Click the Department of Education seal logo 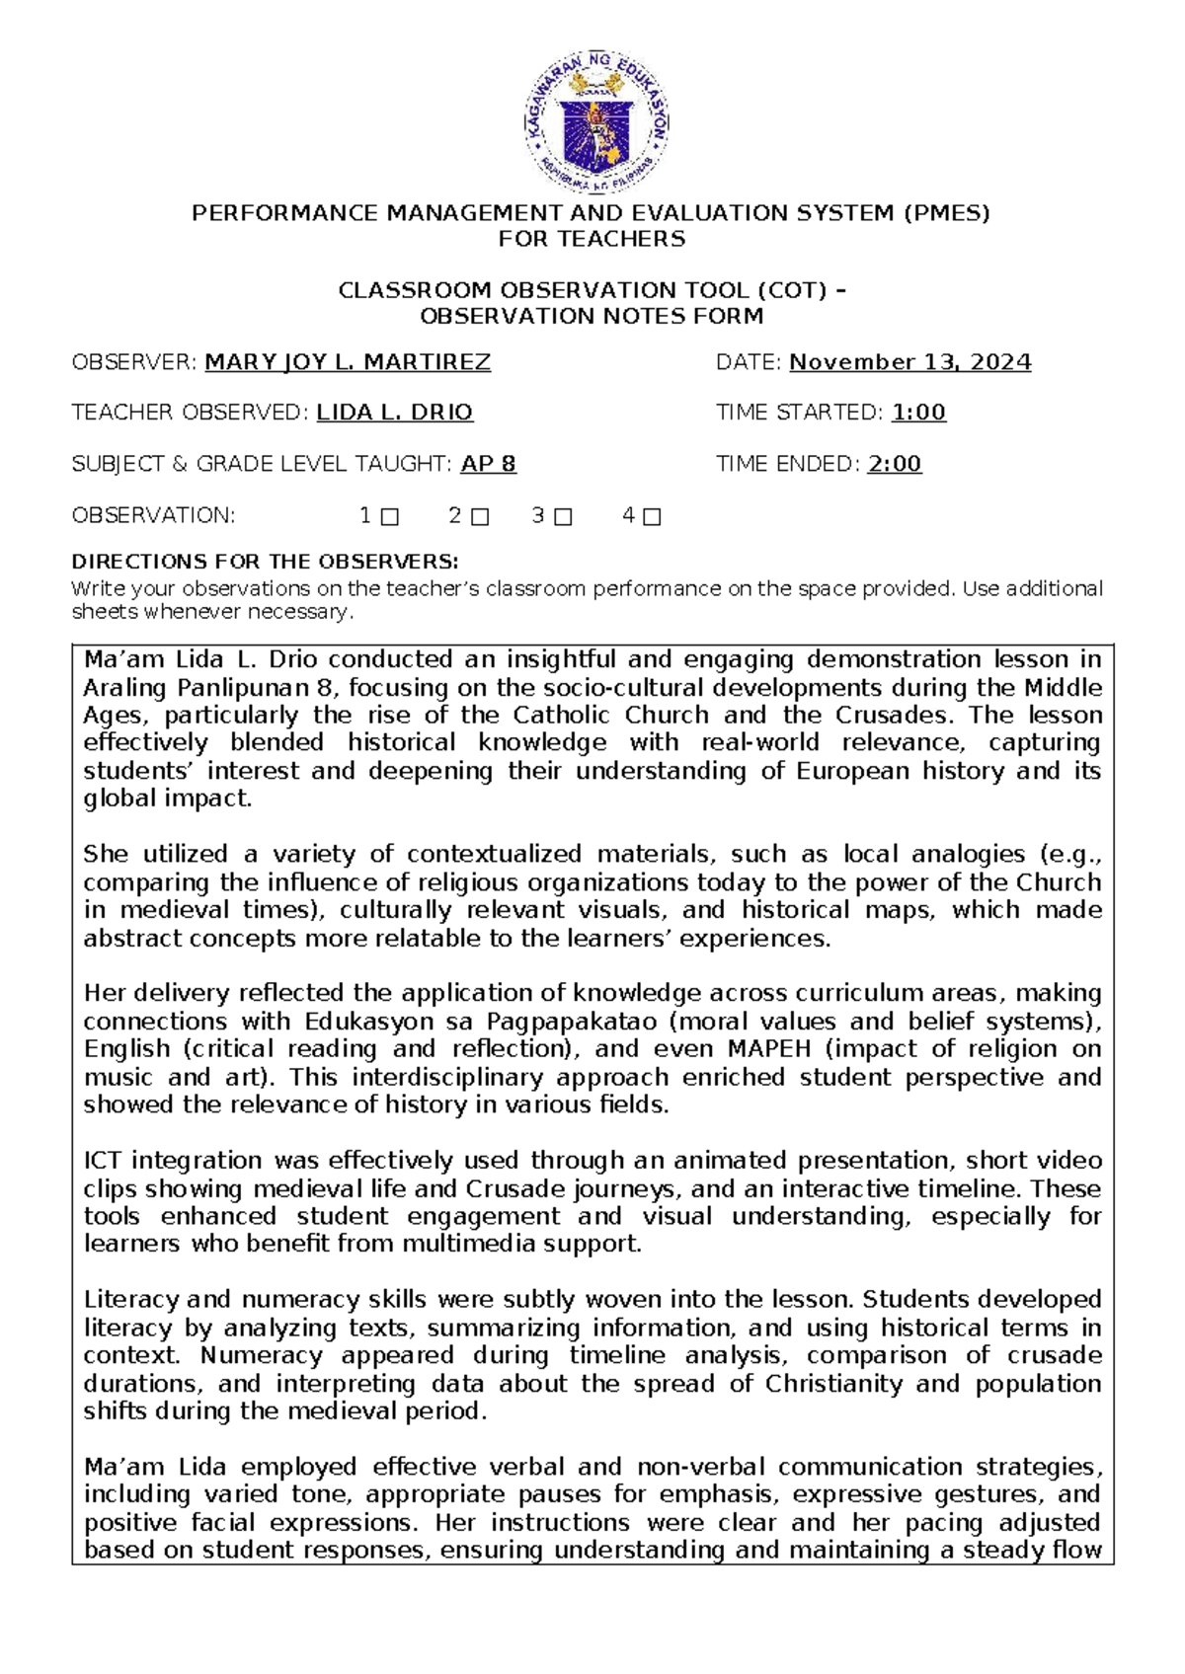click(x=595, y=123)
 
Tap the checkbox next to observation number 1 click(x=389, y=516)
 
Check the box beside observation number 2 click(x=480, y=516)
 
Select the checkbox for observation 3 click(x=563, y=516)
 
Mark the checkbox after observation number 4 click(x=652, y=516)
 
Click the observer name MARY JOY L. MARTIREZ click(x=348, y=362)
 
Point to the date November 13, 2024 click(x=909, y=362)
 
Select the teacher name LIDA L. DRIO click(x=394, y=413)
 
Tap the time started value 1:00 click(x=918, y=413)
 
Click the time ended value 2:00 click(x=895, y=464)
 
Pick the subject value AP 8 click(x=488, y=464)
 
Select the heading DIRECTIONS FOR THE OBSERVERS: click(x=265, y=562)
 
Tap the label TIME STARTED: click(x=799, y=413)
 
